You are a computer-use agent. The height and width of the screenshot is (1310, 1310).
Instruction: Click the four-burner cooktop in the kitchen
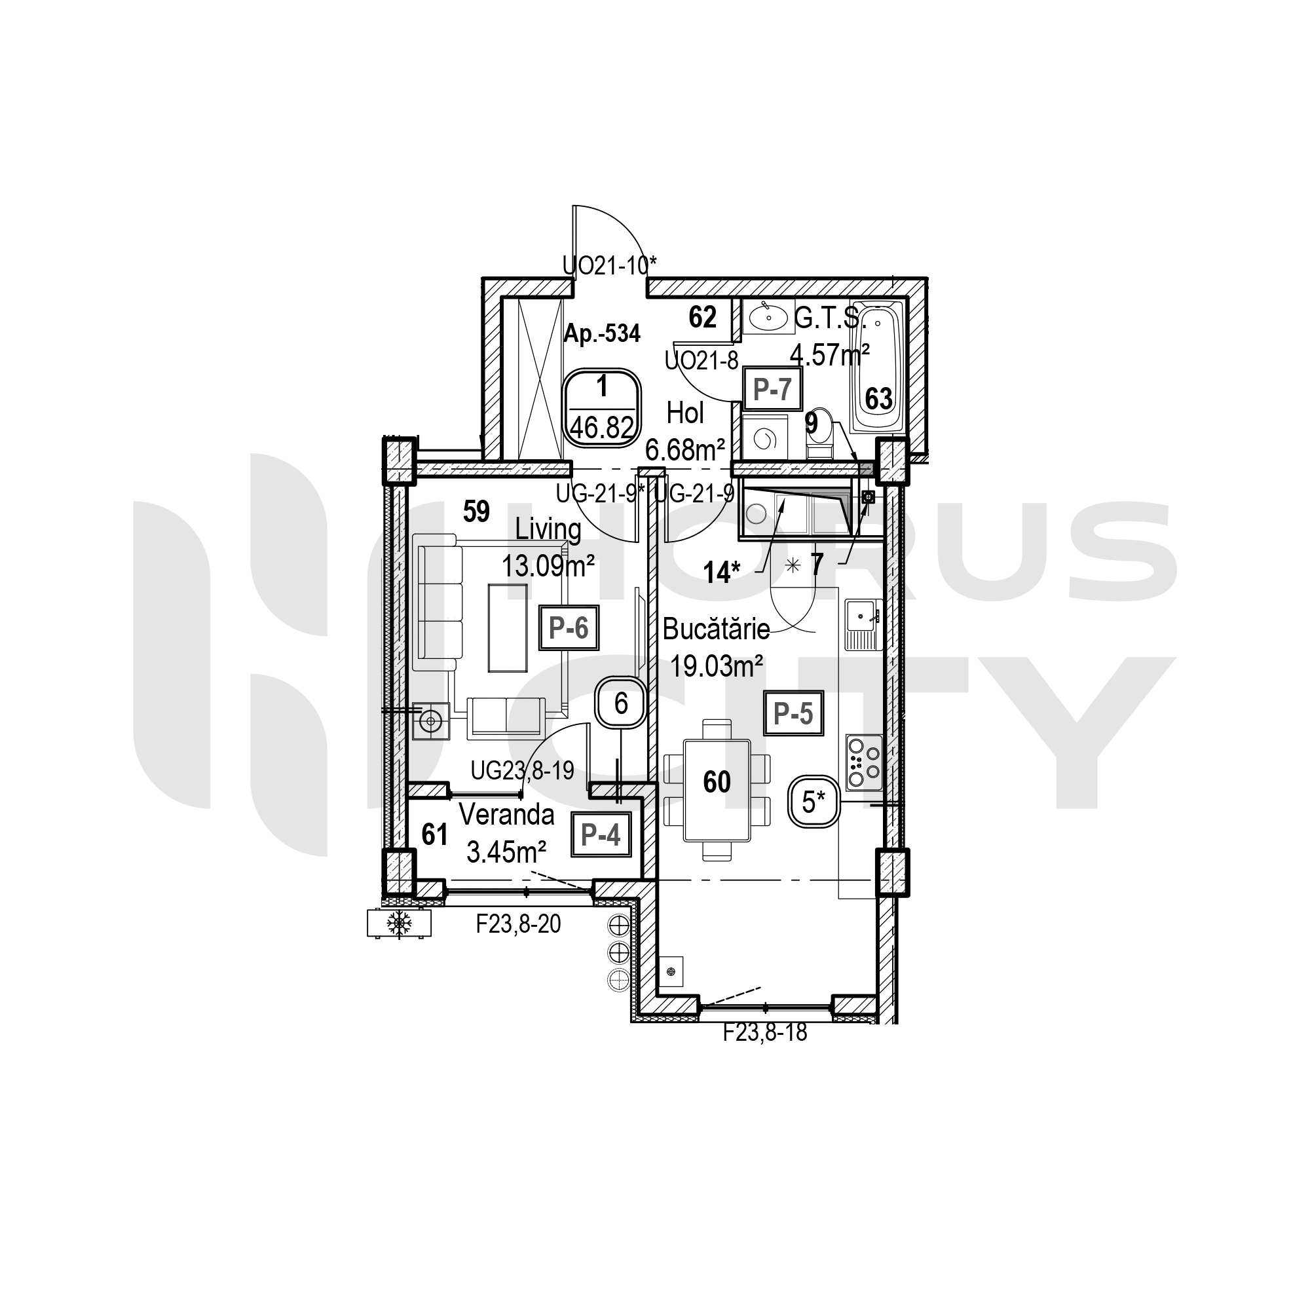(x=864, y=762)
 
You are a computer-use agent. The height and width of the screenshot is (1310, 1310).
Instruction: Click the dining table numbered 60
(x=717, y=791)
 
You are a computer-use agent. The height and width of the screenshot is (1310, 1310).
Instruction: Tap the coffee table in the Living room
(x=508, y=628)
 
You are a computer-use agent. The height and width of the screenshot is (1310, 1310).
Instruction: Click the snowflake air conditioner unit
(x=399, y=924)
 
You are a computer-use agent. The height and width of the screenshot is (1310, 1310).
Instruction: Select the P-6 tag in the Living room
(x=569, y=629)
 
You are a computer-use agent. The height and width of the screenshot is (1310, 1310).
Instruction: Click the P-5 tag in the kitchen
(x=793, y=713)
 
